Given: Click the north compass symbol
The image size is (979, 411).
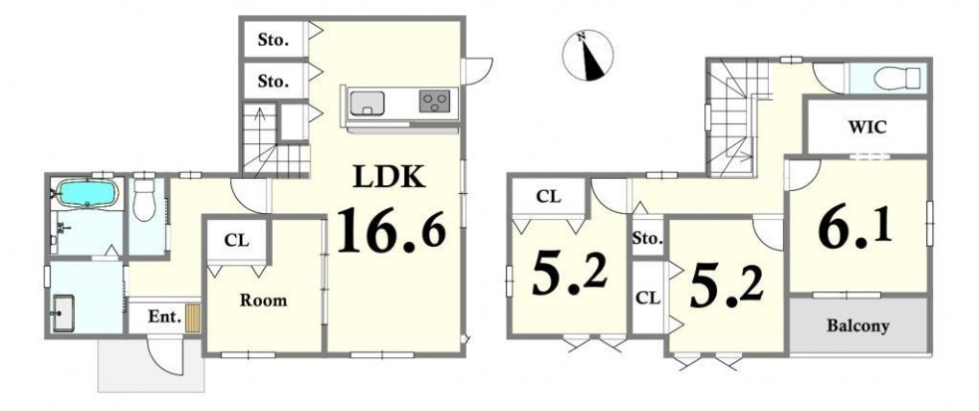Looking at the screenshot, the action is coord(588,55).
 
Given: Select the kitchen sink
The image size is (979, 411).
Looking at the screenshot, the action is coord(367,103).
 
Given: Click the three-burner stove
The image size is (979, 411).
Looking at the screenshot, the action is coord(435,101).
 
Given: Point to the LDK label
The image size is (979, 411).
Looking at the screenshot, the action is coord(390,178).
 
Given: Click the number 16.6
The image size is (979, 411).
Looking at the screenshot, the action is coord(392,230).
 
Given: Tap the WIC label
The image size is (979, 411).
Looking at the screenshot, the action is coord(867,128).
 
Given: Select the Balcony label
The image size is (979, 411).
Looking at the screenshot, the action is coord(858,326).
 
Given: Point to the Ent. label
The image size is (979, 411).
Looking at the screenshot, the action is coord(165,317).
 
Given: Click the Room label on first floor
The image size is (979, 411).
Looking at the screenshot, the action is coord(264,301).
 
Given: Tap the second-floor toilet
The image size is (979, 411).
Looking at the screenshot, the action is coord(897,79).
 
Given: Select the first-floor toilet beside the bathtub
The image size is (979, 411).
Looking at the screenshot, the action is coord(144,199).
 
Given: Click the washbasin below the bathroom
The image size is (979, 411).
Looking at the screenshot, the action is coord(63,313).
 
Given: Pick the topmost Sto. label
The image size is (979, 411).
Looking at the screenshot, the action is coord(274,41).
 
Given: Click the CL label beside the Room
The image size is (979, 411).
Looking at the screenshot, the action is coord(237,240).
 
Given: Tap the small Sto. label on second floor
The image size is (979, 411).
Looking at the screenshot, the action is coord(648,238).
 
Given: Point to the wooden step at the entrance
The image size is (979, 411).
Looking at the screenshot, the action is coord(193,318).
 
